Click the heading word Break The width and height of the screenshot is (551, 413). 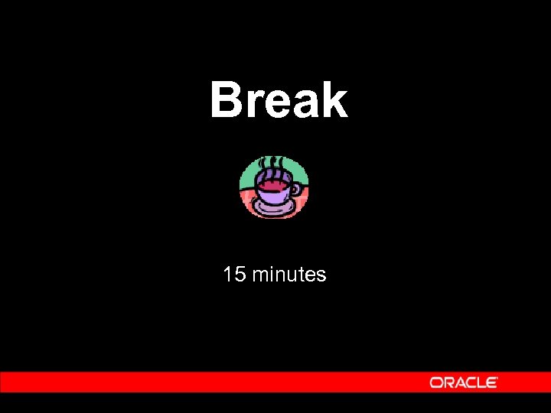279,100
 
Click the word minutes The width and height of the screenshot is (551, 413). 289,274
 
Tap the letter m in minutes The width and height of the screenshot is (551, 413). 260,275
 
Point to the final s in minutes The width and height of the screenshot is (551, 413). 321,275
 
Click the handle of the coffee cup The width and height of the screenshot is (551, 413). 295,190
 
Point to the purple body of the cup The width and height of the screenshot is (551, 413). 272,196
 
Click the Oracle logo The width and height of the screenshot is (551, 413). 464,382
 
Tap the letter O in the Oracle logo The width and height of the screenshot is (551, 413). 435,382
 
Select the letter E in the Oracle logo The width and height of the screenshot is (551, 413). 492,382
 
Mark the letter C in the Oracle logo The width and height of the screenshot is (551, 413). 471,382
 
